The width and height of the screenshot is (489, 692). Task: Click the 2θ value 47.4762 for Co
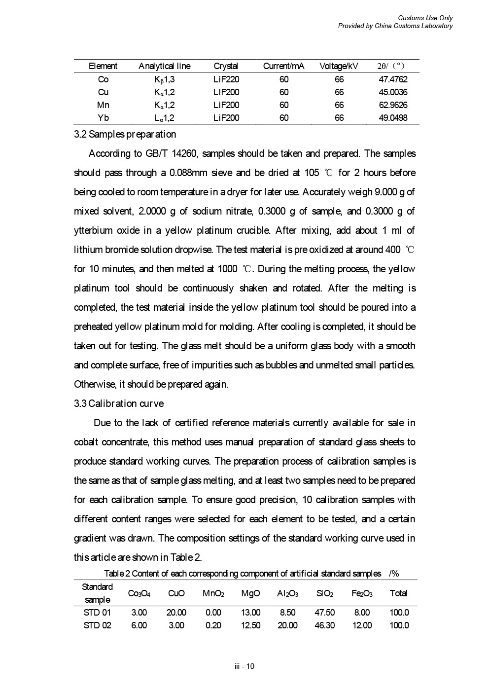[392, 79]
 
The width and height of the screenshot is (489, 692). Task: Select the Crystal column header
[226, 66]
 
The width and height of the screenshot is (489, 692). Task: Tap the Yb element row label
[103, 118]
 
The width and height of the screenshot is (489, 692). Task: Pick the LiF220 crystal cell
[226, 79]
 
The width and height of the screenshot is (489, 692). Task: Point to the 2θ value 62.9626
[392, 105]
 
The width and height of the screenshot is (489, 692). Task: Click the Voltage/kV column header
[339, 66]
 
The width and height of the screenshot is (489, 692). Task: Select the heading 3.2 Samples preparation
[125, 134]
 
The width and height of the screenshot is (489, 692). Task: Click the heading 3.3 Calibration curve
[119, 403]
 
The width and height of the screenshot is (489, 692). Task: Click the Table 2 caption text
[243, 573]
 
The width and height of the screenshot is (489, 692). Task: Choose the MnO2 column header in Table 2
[213, 593]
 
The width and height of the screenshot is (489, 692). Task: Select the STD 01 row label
[98, 613]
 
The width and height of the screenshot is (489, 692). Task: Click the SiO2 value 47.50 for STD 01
[324, 613]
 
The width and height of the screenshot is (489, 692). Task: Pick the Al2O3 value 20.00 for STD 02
[287, 625]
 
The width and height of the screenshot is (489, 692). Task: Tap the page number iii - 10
[244, 666]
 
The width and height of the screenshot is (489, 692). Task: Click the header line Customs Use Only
[425, 18]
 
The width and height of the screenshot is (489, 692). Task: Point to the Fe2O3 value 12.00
[362, 625]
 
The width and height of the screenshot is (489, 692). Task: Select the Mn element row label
[103, 105]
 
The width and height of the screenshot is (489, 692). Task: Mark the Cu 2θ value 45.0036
[392, 92]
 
